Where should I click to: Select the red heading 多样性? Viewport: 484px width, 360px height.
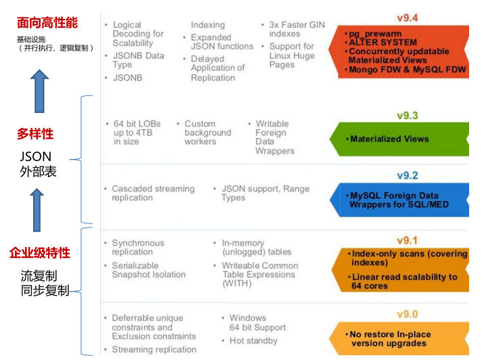[x=35, y=135]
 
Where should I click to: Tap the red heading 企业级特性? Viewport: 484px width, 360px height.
[x=39, y=254]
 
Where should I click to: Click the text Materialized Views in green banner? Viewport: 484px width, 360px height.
[x=389, y=139]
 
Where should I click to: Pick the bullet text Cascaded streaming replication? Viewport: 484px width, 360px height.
[x=153, y=194]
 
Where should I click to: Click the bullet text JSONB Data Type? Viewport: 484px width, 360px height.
[x=138, y=60]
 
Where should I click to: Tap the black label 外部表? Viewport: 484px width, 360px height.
[x=39, y=172]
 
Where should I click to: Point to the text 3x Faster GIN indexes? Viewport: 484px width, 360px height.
[x=296, y=29]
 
